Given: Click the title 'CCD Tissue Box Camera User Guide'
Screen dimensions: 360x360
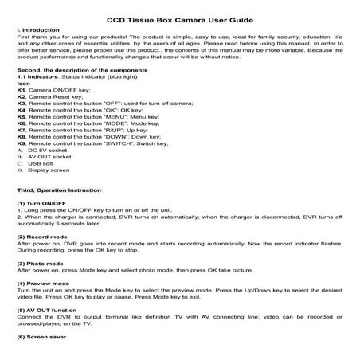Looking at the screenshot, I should point(180,18).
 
